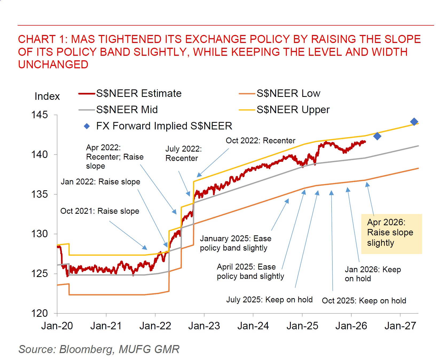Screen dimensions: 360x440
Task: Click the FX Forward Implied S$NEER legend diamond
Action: pos(87,126)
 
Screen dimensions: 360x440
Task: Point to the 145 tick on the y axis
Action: pos(40,115)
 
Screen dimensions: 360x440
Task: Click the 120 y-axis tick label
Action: pos(40,313)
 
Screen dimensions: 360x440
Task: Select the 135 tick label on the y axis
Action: pos(40,194)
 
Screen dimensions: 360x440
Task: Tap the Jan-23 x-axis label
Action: pos(204,326)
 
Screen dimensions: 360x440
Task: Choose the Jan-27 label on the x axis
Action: pos(400,326)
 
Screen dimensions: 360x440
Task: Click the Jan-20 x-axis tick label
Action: pos(57,326)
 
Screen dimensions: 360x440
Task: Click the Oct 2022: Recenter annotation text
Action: pos(260,141)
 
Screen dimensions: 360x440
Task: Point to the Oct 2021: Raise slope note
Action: pos(100,211)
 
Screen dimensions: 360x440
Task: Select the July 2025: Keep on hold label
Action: pos(269,300)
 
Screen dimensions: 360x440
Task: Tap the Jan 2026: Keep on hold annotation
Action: pos(372,274)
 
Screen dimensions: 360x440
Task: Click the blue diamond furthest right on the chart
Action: pos(414,122)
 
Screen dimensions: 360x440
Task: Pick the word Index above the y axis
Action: pos(47,96)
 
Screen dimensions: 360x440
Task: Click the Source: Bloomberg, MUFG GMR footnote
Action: pos(99,349)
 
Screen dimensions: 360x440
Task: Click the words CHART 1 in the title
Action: pos(42,39)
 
